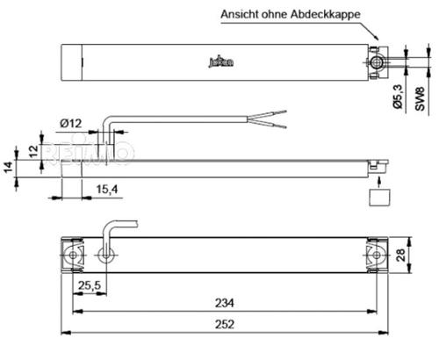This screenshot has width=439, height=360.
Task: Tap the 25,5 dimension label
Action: click(87, 285)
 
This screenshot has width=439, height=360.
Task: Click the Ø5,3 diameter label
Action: click(396, 95)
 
